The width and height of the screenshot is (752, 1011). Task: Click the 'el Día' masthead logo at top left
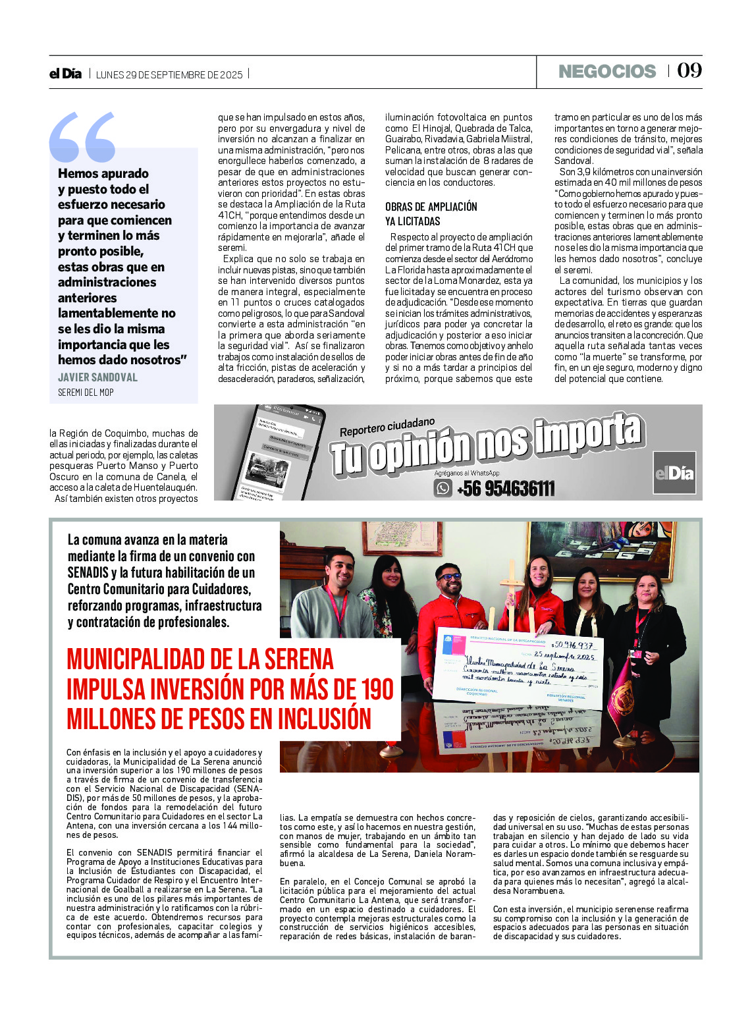65,74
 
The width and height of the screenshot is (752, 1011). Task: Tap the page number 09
689,70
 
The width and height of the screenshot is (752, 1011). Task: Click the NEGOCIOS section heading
606,71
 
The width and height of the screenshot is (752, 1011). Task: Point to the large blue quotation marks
82,136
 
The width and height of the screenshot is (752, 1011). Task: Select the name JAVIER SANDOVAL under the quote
97,377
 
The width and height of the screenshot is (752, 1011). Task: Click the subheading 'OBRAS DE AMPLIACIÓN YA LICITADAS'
431,214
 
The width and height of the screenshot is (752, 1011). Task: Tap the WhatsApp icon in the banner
443,488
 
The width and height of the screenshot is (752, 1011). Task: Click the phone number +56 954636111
506,489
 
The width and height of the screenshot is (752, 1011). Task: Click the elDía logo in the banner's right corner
674,473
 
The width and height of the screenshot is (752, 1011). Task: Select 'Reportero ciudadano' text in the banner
387,426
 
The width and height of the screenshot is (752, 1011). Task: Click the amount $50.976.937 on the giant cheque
574,645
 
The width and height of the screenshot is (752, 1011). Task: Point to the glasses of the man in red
450,577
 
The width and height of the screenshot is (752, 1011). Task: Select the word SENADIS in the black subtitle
88,572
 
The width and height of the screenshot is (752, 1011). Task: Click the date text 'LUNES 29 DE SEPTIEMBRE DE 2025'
169,74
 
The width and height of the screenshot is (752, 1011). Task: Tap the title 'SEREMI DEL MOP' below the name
86,393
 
